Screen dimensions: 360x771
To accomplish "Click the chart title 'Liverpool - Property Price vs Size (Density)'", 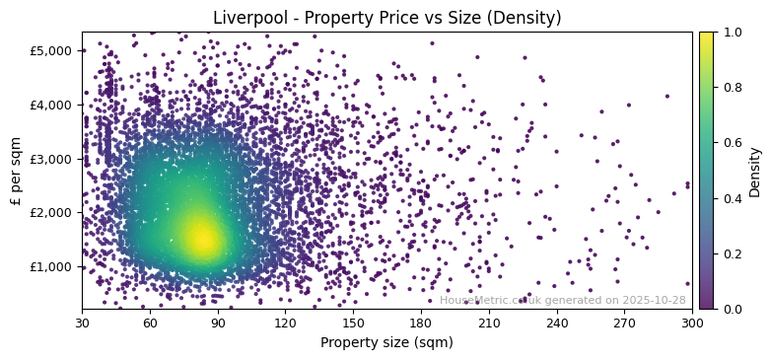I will pyautogui.click(x=385, y=18).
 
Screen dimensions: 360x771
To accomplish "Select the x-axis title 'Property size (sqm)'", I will pyautogui.click(x=386, y=343).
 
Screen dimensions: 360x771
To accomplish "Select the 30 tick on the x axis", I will pyautogui.click(x=82, y=323).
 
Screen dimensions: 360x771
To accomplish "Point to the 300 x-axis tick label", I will pyautogui.click(x=692, y=323).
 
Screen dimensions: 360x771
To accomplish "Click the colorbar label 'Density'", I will pyautogui.click(x=755, y=171).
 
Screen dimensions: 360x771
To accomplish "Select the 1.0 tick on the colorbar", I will pyautogui.click(x=733, y=32).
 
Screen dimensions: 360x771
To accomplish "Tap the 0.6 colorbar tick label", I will pyautogui.click(x=733, y=143).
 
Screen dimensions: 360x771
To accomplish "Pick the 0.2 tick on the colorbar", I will pyautogui.click(x=733, y=253).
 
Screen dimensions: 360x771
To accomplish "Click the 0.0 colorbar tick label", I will pyautogui.click(x=733, y=309).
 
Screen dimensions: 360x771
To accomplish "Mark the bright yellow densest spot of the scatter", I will pyautogui.click(x=202, y=238).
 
